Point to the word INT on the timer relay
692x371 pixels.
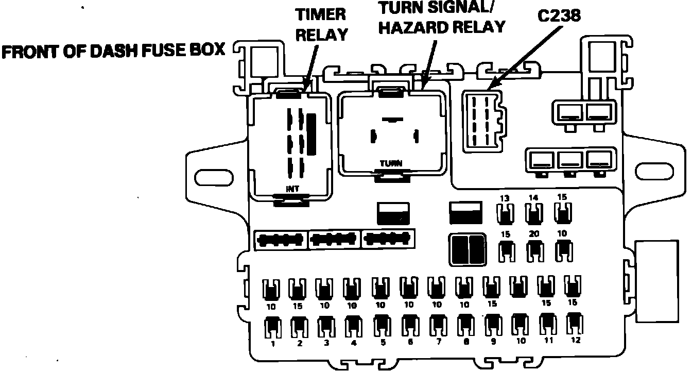click(292, 189)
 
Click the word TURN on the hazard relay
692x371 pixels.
click(391, 164)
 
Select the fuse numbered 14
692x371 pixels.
click(534, 212)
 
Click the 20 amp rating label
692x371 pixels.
click(534, 234)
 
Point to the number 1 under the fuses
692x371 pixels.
click(272, 343)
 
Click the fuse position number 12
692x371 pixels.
click(575, 340)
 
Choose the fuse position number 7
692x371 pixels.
click(439, 341)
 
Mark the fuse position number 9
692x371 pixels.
click(493, 341)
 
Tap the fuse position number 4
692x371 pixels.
click(354, 342)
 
